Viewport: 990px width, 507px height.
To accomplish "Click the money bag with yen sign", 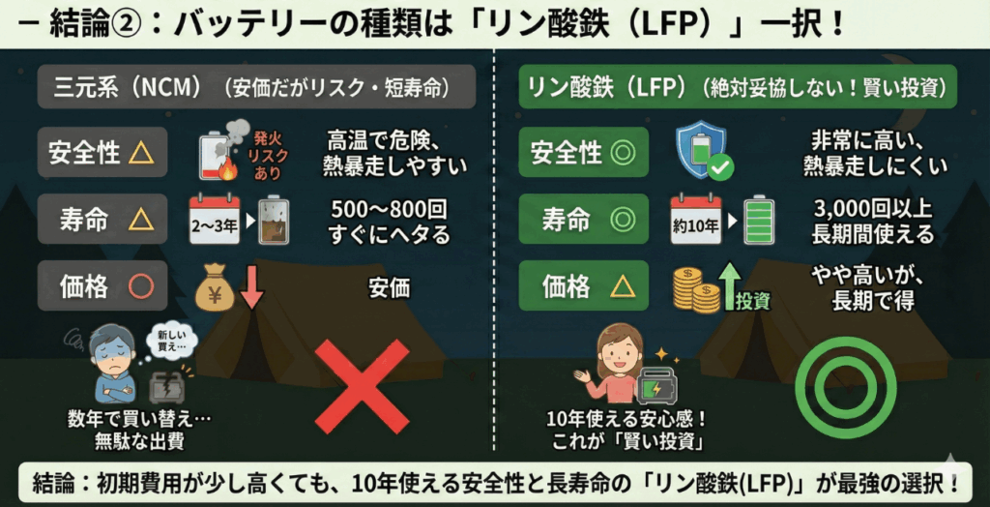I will coord(214,288).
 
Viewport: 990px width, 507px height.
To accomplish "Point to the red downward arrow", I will coord(252,286).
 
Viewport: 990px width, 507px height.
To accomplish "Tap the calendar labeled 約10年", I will coord(696,220).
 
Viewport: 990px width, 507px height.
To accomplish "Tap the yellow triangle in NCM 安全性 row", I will coord(141,152).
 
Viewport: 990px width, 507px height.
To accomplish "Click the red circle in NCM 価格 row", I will coord(141,286).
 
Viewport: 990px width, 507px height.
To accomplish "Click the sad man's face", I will coord(109,350).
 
